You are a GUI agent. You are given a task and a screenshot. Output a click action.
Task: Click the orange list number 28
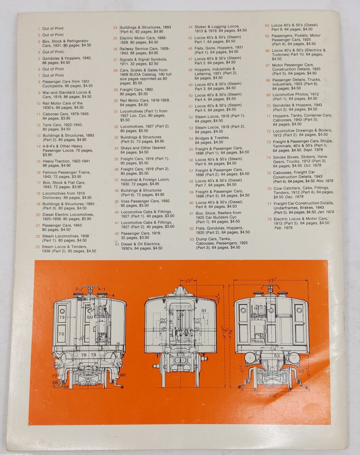[116, 71]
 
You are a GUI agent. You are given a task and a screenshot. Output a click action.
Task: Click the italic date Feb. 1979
[283, 228]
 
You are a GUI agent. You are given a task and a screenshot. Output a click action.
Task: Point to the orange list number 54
[191, 139]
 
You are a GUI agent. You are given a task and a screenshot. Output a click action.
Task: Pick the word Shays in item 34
[126, 148]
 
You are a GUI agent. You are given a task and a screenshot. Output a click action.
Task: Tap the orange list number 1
[39, 29]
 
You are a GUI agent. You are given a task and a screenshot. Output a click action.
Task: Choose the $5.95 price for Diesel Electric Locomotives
[86, 219]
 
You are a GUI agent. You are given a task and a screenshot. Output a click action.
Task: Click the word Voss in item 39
[125, 201]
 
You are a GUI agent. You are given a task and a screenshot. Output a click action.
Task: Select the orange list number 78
[269, 219]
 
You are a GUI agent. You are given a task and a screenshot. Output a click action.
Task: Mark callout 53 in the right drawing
[277, 356]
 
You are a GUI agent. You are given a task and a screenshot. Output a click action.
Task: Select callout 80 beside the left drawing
[123, 375]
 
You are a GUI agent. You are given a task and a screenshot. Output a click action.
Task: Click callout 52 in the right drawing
[301, 371]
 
